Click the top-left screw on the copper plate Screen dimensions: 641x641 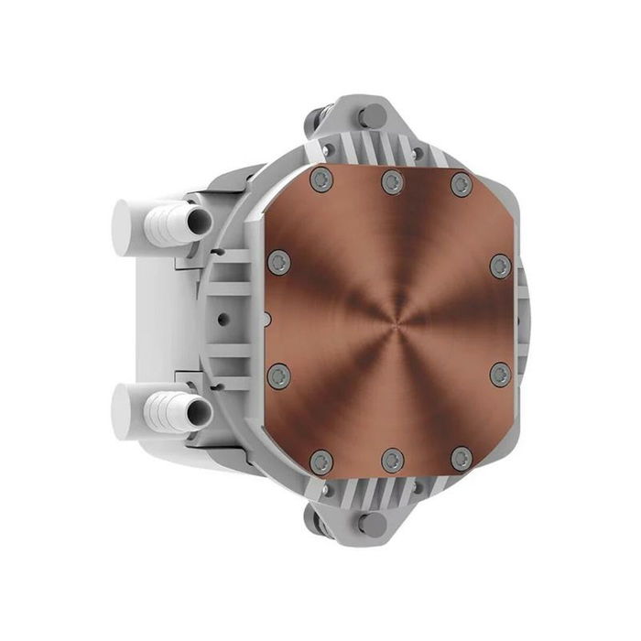pyautogui.click(x=320, y=179)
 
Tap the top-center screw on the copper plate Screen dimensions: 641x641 pyautogui.click(x=392, y=181)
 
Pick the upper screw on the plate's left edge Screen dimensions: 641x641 pyautogui.click(x=279, y=264)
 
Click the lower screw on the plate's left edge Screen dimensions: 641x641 pyautogui.click(x=279, y=375)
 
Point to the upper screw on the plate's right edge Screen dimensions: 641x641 pyautogui.click(x=500, y=266)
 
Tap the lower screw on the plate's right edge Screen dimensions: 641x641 pyautogui.click(x=500, y=374)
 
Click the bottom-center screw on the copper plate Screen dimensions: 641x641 pyautogui.click(x=392, y=460)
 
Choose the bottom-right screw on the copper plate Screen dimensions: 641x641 pyautogui.click(x=462, y=458)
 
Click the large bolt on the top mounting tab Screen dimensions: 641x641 pyautogui.click(x=372, y=116)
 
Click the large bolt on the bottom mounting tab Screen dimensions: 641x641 pyautogui.click(x=372, y=525)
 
